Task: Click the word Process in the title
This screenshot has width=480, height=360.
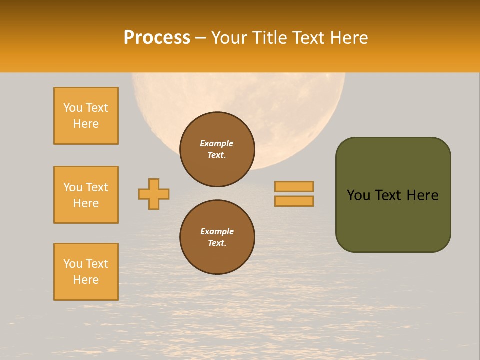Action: (x=157, y=38)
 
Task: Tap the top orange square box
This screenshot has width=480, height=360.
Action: (x=86, y=116)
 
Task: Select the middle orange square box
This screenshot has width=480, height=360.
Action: (x=86, y=195)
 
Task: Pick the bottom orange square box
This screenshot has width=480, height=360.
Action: (x=86, y=272)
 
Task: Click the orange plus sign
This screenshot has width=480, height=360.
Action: (x=154, y=194)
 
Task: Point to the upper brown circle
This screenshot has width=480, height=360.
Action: (x=217, y=149)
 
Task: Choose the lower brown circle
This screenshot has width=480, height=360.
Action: (x=217, y=237)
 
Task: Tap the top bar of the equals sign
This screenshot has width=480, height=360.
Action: (x=294, y=186)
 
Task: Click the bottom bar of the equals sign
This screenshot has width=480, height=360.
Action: (x=294, y=201)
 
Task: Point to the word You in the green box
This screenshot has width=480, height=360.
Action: (x=359, y=195)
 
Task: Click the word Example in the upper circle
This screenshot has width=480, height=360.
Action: (x=217, y=143)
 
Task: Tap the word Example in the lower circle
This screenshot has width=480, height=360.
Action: (x=217, y=231)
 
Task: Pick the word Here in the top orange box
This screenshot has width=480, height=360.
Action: (x=86, y=124)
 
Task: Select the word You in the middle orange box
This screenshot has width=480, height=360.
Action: (x=73, y=187)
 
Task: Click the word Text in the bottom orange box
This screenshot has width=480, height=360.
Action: (x=97, y=264)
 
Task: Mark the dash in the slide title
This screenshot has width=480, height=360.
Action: (x=201, y=38)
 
